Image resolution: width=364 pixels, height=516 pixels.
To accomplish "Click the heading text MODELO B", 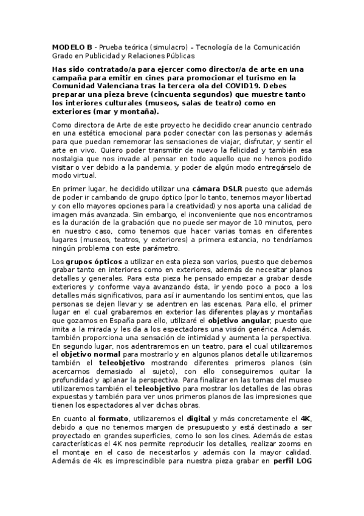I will pyautogui.click(x=72, y=47).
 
